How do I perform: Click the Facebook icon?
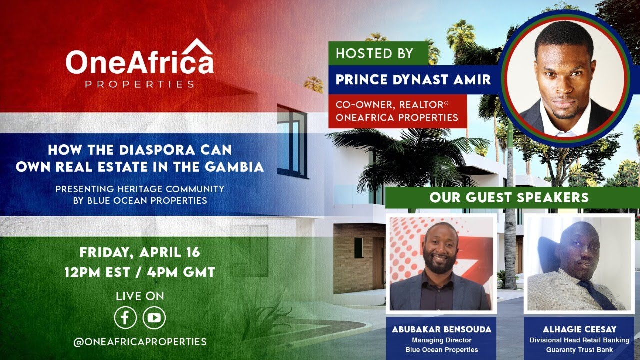tap(125, 318)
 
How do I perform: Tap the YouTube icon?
tap(154, 318)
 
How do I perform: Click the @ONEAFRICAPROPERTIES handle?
tap(140, 342)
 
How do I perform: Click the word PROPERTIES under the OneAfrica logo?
tap(140, 84)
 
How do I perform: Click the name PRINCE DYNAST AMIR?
tap(413, 80)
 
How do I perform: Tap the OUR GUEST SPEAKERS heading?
tap(509, 197)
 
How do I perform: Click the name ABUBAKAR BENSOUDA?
tap(441, 330)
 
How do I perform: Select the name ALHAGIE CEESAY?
tap(579, 330)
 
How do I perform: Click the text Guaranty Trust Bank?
tap(579, 350)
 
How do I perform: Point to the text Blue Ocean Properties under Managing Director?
tap(441, 350)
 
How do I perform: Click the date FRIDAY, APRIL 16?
tap(140, 252)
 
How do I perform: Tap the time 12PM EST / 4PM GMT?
tap(140, 272)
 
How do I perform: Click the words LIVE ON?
tap(140, 296)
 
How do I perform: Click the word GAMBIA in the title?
tap(236, 167)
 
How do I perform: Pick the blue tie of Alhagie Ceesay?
tap(597, 294)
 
